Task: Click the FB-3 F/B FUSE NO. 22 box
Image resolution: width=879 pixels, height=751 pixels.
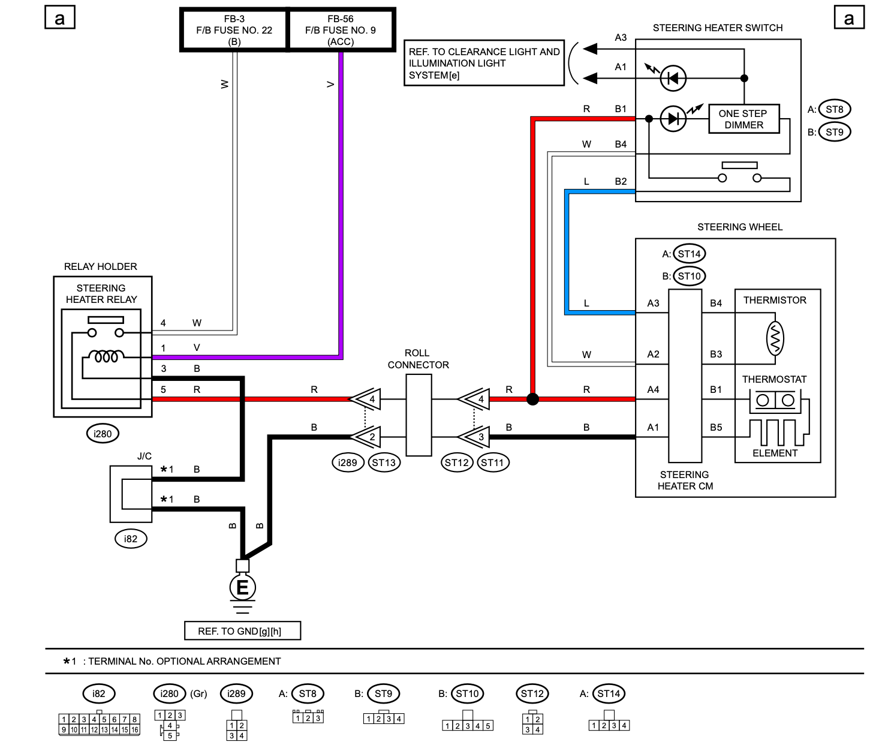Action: pyautogui.click(x=234, y=30)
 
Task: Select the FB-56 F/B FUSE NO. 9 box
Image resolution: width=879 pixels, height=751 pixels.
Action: pyautogui.click(x=342, y=30)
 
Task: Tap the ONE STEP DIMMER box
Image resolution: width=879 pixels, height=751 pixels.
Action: pyautogui.click(x=743, y=119)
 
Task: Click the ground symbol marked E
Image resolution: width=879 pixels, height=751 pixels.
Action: pyautogui.click(x=242, y=587)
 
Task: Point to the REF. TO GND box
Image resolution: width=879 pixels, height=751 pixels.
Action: pyautogui.click(x=242, y=630)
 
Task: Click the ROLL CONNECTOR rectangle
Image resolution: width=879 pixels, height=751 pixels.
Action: pyautogui.click(x=419, y=415)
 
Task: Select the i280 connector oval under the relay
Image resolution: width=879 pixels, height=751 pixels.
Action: pyautogui.click(x=103, y=434)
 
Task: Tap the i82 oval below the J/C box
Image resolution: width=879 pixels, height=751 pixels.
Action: pyautogui.click(x=131, y=539)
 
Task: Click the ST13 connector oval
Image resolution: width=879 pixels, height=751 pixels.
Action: pyautogui.click(x=384, y=462)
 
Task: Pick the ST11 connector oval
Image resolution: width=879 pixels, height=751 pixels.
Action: pyautogui.click(x=492, y=462)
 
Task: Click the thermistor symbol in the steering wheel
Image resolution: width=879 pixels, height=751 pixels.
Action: pyautogui.click(x=775, y=338)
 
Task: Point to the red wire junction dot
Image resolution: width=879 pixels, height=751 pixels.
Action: pyautogui.click(x=533, y=399)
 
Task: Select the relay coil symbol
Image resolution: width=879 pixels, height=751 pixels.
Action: pyautogui.click(x=106, y=356)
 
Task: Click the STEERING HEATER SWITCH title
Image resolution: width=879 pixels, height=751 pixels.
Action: pyautogui.click(x=718, y=28)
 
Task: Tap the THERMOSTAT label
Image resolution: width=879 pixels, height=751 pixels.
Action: pyautogui.click(x=775, y=379)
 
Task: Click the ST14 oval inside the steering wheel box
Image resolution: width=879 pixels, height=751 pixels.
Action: pyautogui.click(x=690, y=254)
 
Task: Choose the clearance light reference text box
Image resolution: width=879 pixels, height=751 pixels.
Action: pyautogui.click(x=484, y=63)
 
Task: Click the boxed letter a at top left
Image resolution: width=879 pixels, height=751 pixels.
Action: pyautogui.click(x=60, y=17)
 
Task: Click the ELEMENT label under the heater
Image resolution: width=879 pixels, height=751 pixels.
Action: pyautogui.click(x=775, y=453)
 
